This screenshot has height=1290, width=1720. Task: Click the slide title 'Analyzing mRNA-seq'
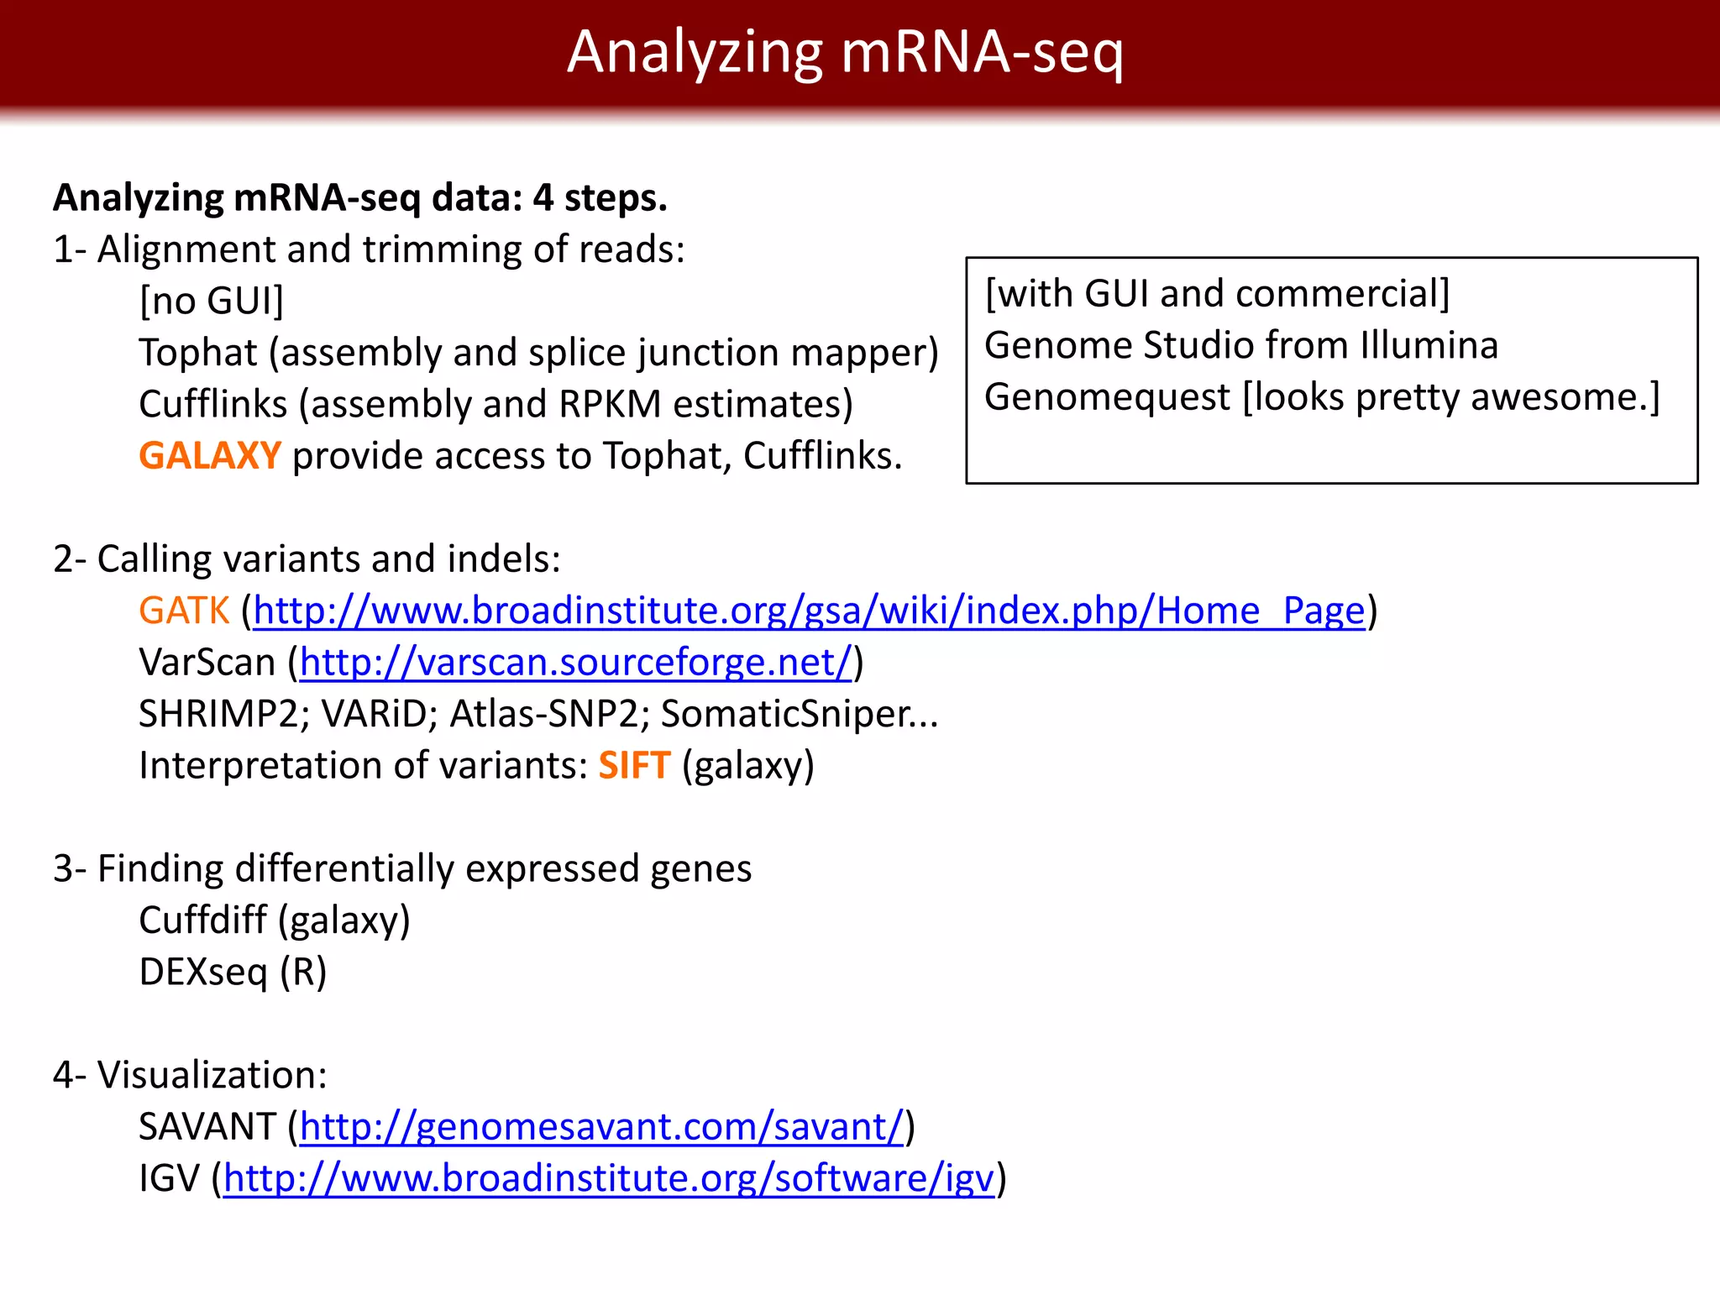click(x=845, y=52)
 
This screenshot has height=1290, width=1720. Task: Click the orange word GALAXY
click(x=210, y=456)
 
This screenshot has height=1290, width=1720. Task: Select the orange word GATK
click(x=184, y=611)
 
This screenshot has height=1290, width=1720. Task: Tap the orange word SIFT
click(x=634, y=765)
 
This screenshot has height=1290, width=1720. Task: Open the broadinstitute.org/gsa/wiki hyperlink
click(x=809, y=611)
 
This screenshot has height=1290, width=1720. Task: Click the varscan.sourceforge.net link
click(x=576, y=663)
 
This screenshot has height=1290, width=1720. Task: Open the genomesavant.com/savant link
click(x=601, y=1127)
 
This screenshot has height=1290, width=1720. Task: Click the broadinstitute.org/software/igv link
click(x=609, y=1178)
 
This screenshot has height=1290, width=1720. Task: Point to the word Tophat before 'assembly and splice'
click(x=198, y=353)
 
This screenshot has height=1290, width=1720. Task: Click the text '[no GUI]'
click(x=212, y=301)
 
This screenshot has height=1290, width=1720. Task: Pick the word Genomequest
click(x=1107, y=397)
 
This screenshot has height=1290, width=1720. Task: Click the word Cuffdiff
click(x=202, y=920)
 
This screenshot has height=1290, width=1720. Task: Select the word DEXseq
click(x=203, y=972)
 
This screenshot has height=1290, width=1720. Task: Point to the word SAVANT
click(x=207, y=1127)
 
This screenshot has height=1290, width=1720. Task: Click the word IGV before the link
click(x=170, y=1178)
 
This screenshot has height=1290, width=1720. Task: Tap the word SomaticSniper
click(x=785, y=714)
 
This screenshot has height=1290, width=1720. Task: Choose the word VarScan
click(x=207, y=663)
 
